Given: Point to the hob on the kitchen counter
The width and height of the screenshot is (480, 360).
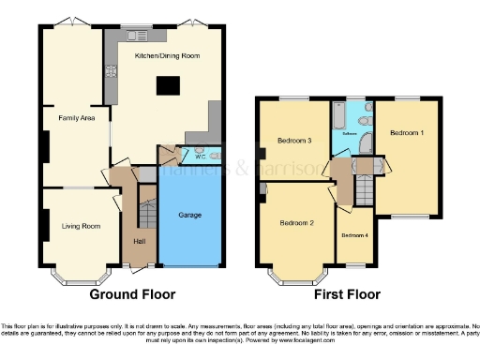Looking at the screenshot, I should [x=112, y=69].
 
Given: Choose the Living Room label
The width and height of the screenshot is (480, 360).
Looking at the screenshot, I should [x=82, y=225].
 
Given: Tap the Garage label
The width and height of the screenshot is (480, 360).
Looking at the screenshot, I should [x=189, y=216].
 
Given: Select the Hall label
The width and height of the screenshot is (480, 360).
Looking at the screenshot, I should [x=140, y=242].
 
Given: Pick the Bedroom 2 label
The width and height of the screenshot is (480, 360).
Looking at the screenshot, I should [x=297, y=223].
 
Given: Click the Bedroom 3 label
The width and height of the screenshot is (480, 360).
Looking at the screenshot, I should [x=293, y=142].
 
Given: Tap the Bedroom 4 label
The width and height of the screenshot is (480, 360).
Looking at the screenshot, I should [x=353, y=235].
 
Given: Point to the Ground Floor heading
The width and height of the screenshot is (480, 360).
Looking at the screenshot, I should [x=131, y=294].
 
